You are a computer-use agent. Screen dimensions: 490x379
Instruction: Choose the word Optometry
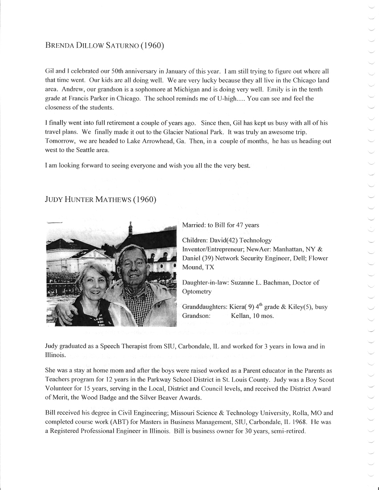(197, 291)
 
